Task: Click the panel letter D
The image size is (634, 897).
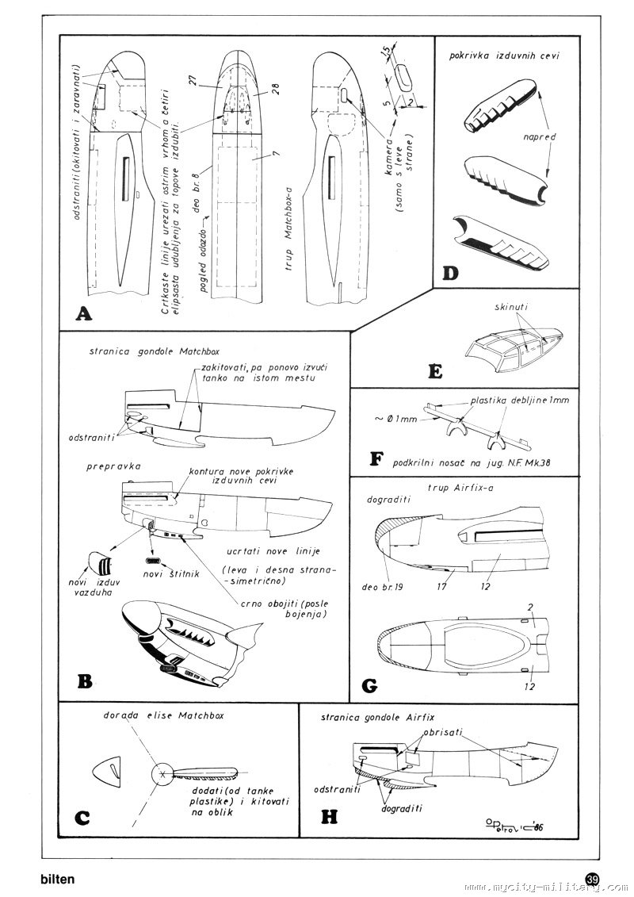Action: (449, 274)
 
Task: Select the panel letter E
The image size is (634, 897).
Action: (433, 370)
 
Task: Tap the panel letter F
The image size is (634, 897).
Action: (376, 459)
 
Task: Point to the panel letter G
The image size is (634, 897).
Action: (369, 684)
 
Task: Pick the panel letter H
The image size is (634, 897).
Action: (327, 818)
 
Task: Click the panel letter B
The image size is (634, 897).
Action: (85, 680)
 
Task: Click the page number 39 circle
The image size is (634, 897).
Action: (593, 880)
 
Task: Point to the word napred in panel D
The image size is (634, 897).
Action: (540, 136)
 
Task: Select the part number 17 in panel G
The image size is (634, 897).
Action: (441, 587)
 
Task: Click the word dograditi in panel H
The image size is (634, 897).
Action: (401, 808)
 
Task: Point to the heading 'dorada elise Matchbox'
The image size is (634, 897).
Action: (164, 715)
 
